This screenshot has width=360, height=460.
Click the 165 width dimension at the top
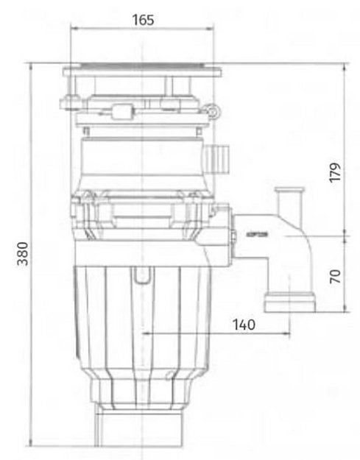pyautogui.click(x=144, y=21)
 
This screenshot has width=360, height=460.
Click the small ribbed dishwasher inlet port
pyautogui.click(x=218, y=156)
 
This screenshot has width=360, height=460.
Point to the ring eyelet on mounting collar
pyautogui.click(x=213, y=110)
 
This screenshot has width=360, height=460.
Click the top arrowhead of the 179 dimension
pyautogui.click(x=346, y=67)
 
